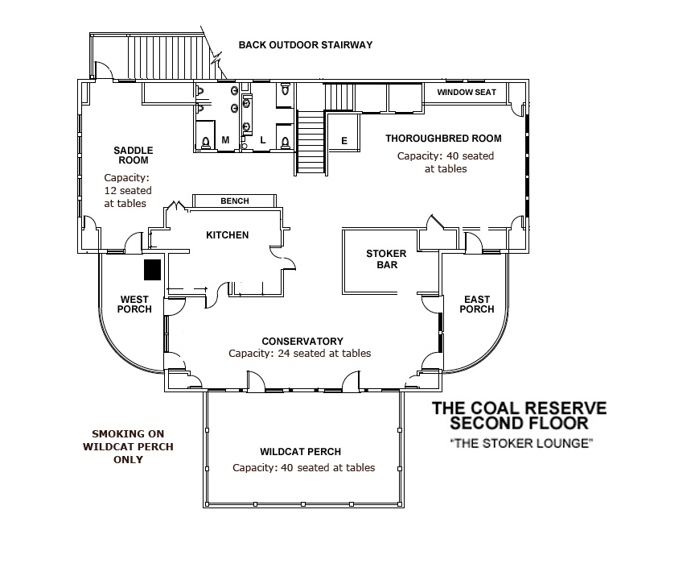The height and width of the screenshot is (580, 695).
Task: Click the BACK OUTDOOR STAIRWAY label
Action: click(x=305, y=45)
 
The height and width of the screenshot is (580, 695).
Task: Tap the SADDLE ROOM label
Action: click(x=133, y=155)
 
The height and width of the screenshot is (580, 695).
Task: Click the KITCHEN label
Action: click(x=228, y=235)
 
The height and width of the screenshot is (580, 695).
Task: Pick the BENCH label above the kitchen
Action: click(x=235, y=201)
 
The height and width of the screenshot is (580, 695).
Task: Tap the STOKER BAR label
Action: click(x=380, y=259)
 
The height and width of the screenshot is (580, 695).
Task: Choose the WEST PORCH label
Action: click(x=134, y=304)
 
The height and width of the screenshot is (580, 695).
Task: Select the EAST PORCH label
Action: click(x=477, y=304)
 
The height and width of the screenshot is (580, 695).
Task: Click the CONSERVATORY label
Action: click(x=302, y=341)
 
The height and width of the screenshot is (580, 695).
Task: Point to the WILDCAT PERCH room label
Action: click(x=300, y=452)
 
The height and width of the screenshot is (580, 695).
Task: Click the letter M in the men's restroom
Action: click(x=225, y=141)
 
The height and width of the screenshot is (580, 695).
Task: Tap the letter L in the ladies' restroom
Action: click(x=262, y=141)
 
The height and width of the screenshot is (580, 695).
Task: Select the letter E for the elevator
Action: click(x=344, y=141)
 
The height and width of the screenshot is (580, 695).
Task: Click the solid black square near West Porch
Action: click(x=152, y=269)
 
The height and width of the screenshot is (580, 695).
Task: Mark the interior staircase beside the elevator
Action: click(x=310, y=142)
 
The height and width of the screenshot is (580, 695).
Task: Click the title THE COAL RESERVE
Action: click(x=520, y=408)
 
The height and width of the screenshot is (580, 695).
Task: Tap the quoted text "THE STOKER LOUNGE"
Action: click(x=520, y=443)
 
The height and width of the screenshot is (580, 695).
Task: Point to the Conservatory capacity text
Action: click(x=300, y=354)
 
